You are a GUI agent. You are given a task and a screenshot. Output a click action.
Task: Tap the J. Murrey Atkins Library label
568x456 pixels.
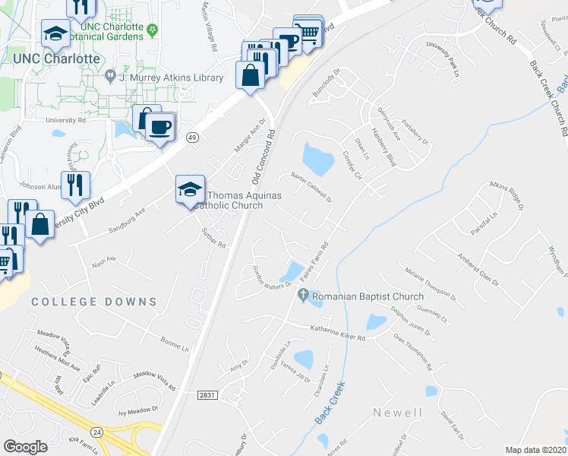click(x=171, y=78)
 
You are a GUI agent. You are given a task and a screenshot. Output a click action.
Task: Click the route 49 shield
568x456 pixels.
click(x=194, y=137)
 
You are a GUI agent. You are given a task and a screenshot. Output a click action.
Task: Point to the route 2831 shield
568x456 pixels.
click(x=207, y=395)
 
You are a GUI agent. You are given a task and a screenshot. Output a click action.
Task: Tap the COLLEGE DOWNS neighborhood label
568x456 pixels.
click(x=94, y=302)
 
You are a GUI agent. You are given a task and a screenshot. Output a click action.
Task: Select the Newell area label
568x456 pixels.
click(x=397, y=413)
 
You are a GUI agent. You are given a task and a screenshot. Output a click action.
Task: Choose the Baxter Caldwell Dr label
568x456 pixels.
click(x=312, y=186)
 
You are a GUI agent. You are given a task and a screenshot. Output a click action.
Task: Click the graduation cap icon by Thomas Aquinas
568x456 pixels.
click(x=190, y=190)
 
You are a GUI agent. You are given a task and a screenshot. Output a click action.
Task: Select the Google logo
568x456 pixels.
click(x=25, y=447)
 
